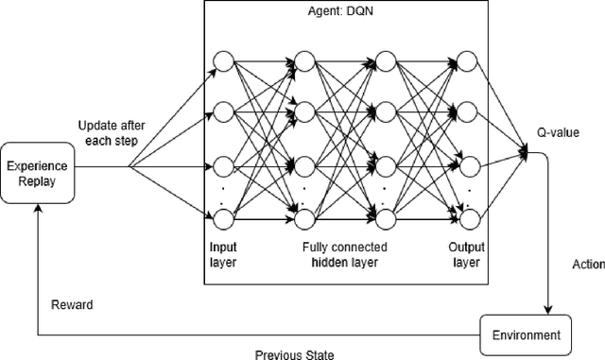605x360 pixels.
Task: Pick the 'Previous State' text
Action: [294, 354]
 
